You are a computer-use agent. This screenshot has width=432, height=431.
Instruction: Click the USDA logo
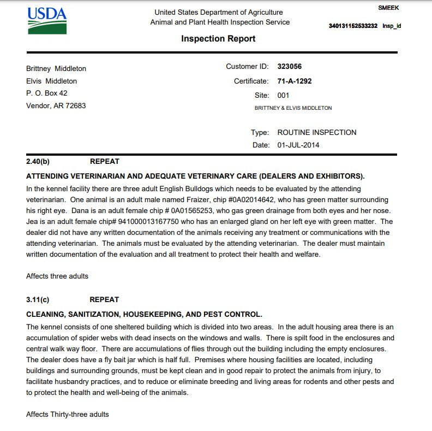(47, 20)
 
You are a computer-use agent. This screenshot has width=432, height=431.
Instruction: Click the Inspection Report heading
(218, 39)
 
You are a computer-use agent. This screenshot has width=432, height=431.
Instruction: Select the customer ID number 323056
(289, 67)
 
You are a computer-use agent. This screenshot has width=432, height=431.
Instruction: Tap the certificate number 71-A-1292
(295, 81)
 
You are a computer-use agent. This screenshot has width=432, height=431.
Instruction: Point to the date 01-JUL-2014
(298, 145)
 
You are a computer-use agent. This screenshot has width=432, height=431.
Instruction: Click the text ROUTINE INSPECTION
(317, 132)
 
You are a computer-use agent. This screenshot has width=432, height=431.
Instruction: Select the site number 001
(283, 95)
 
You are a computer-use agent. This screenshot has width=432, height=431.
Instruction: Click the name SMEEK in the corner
(388, 8)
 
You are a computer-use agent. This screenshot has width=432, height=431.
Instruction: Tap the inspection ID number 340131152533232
(353, 26)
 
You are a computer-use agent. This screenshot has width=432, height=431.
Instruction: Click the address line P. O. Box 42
(47, 93)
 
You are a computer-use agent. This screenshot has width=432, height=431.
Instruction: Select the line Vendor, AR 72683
(56, 106)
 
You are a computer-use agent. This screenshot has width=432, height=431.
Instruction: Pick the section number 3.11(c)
(38, 300)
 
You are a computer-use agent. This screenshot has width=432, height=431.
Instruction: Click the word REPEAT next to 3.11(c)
(104, 300)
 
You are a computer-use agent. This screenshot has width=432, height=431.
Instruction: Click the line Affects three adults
(57, 276)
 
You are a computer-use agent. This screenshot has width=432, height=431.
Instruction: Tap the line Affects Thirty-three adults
(67, 415)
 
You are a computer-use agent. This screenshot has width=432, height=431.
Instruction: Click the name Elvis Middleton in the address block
(51, 81)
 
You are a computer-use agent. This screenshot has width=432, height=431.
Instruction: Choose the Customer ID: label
(247, 67)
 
